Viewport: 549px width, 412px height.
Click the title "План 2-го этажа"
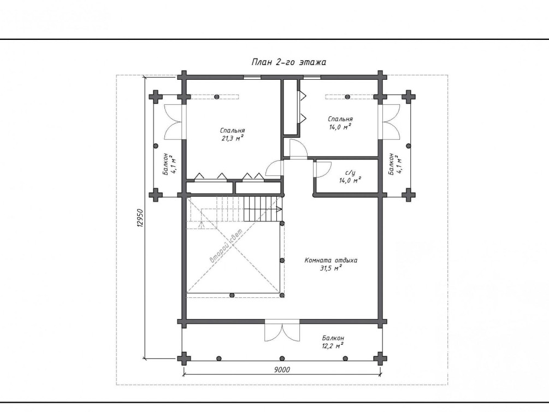click(x=289, y=62)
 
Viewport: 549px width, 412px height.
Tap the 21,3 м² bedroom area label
click(x=233, y=138)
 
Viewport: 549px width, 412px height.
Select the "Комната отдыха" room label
click(x=331, y=260)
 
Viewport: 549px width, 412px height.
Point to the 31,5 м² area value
click(x=331, y=268)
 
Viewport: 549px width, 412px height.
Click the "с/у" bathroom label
click(x=350, y=173)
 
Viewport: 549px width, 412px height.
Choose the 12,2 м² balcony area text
click(x=333, y=346)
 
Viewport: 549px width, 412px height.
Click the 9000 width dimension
click(x=282, y=369)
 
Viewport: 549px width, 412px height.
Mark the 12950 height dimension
click(x=140, y=218)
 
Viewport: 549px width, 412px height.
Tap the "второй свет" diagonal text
click(x=226, y=245)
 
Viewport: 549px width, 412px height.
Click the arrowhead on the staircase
click(x=280, y=209)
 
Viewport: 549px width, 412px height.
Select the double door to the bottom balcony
click(x=282, y=331)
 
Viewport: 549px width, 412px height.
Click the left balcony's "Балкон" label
click(x=166, y=163)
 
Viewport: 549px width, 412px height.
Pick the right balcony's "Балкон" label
click(x=391, y=163)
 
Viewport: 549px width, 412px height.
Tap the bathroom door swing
click(x=323, y=169)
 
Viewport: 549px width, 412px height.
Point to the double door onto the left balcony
click(x=174, y=122)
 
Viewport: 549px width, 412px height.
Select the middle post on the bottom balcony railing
click(x=282, y=358)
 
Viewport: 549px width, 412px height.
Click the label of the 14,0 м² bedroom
click(x=340, y=119)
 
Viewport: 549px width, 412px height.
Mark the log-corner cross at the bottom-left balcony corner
click(x=184, y=358)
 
